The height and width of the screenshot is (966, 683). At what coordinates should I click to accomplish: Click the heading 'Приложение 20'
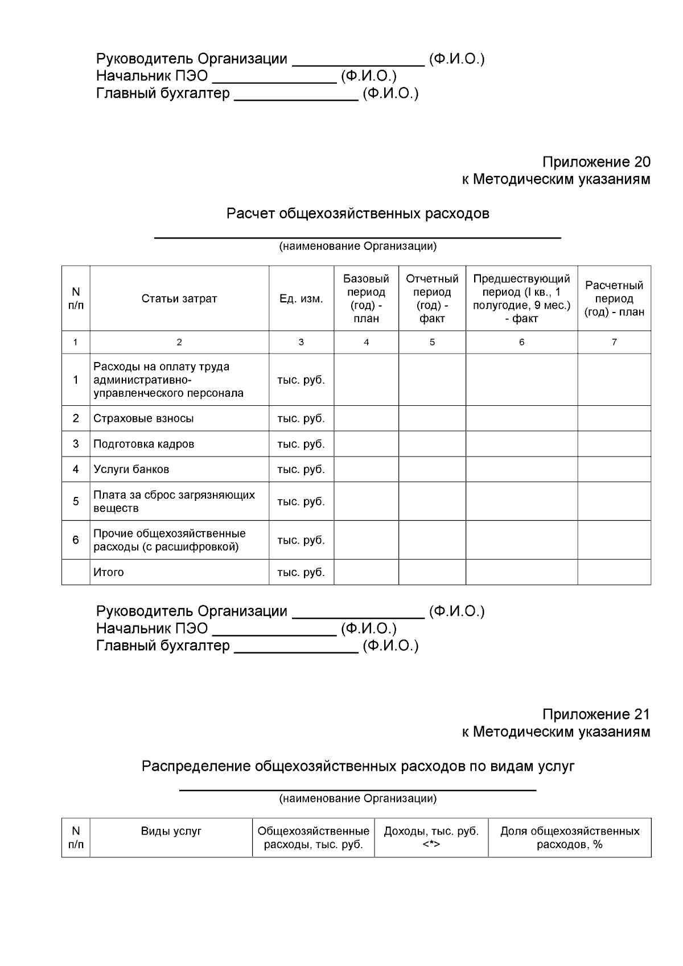[x=595, y=162]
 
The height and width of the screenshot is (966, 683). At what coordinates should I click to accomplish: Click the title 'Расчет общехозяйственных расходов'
[x=357, y=214]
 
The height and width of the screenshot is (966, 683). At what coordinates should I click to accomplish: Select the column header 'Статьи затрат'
[x=179, y=299]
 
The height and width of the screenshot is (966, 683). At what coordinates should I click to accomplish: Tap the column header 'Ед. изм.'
[x=301, y=299]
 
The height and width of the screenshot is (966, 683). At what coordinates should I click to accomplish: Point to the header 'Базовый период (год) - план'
[x=366, y=299]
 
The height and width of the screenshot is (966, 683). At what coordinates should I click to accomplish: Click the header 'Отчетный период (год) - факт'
[x=432, y=299]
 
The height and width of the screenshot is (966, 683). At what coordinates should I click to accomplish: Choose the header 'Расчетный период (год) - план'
[x=614, y=299]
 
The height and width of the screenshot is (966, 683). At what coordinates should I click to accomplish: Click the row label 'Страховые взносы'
[x=143, y=418]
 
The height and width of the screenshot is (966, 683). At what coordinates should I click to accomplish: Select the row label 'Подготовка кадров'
[x=143, y=444]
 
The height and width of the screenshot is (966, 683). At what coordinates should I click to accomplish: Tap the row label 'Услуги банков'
[x=131, y=470]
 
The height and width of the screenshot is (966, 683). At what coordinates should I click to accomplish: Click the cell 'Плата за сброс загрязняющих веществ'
[x=174, y=502]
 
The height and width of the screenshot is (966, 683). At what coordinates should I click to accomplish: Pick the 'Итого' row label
[x=109, y=573]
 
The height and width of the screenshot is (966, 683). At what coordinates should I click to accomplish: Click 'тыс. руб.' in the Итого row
[x=301, y=573]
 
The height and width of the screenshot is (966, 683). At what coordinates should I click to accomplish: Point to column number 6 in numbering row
[x=521, y=342]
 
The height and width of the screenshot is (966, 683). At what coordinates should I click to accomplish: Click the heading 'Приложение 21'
[x=595, y=714]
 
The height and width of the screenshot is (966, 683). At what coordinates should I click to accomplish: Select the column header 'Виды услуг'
[x=171, y=832]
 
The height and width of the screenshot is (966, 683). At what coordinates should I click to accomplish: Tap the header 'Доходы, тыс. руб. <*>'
[x=431, y=838]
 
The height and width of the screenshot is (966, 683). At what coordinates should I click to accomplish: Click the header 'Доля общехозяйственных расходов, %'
[x=569, y=838]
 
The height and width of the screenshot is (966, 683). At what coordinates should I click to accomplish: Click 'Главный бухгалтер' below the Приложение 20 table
[x=163, y=646]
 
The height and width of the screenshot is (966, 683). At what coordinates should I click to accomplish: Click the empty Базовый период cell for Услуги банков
[x=366, y=470]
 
